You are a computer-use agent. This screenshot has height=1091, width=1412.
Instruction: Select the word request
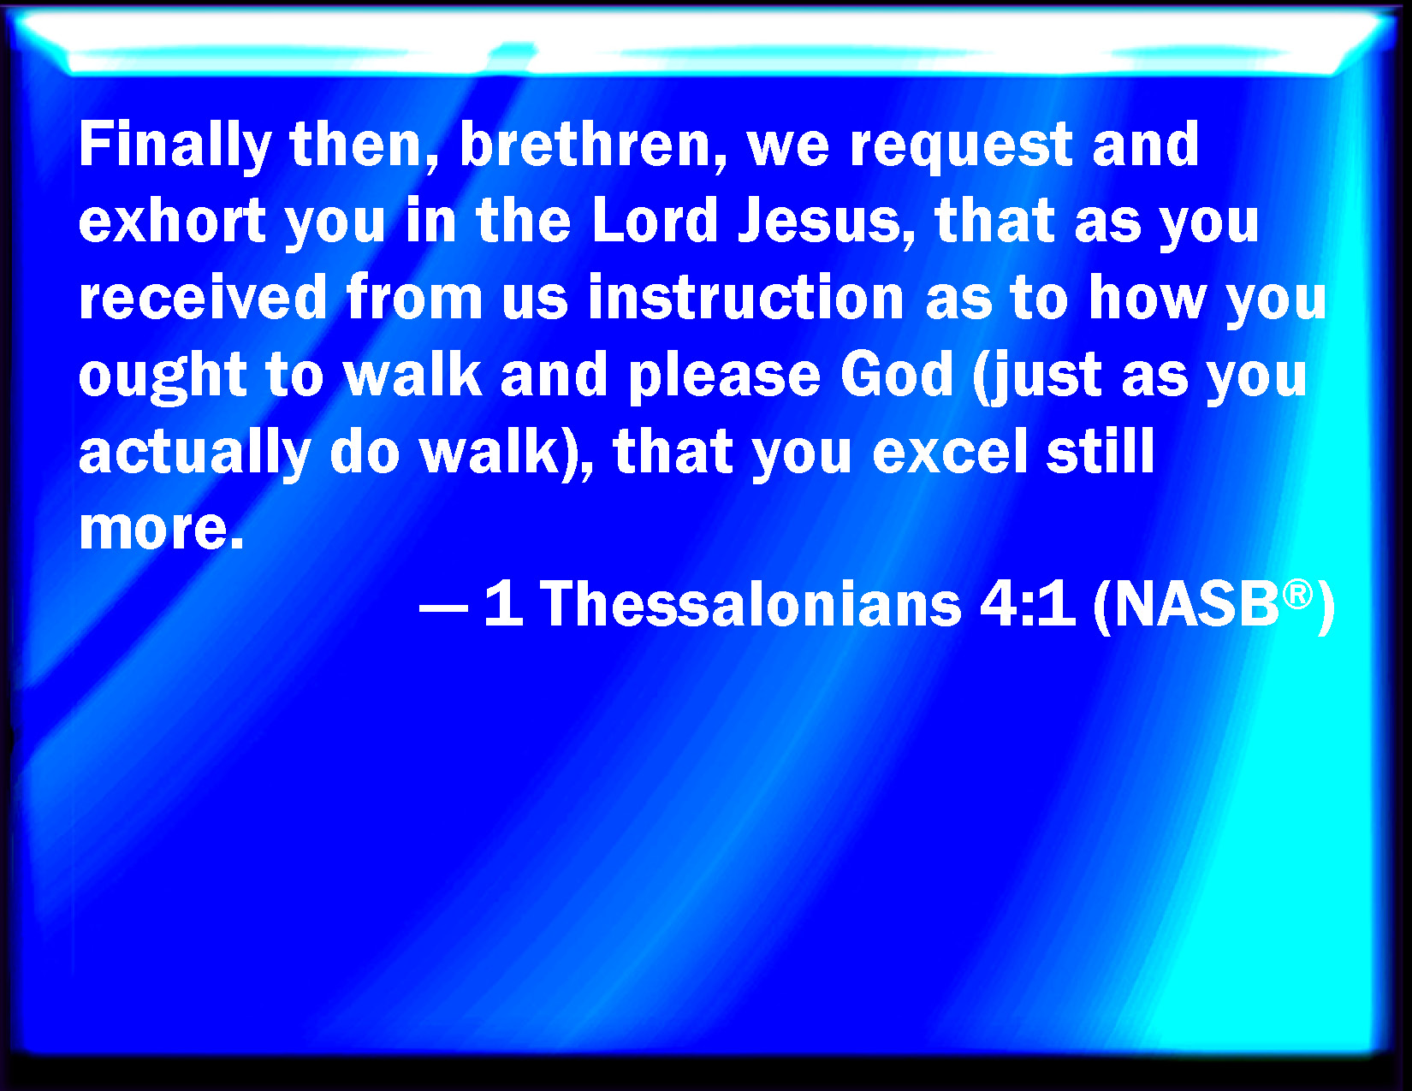tap(961, 148)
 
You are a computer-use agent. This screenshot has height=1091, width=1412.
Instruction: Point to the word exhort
tap(172, 221)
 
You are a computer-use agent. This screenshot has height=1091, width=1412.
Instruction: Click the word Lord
tap(655, 221)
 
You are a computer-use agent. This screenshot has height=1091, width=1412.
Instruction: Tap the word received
tap(203, 298)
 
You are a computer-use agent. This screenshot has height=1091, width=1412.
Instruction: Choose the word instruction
tap(746, 298)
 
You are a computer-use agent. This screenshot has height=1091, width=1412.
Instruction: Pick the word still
tap(1101, 451)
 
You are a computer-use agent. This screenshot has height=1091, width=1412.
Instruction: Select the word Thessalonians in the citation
tap(750, 604)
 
